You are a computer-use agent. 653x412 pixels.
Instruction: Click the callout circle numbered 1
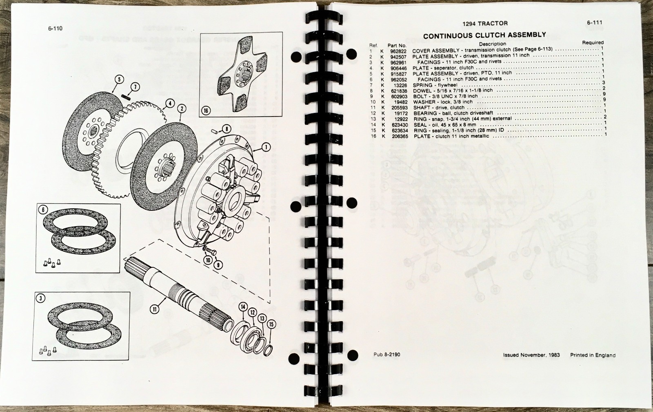click(x=266, y=147)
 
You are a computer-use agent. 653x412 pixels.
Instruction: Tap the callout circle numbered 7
click(x=135, y=87)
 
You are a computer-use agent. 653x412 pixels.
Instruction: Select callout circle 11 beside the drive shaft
click(x=154, y=308)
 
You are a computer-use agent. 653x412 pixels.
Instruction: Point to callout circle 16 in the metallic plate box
click(x=206, y=111)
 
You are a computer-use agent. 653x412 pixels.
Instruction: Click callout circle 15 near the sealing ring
click(x=271, y=324)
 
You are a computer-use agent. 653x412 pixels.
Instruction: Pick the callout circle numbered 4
click(x=170, y=103)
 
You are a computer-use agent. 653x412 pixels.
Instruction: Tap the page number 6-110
click(x=56, y=29)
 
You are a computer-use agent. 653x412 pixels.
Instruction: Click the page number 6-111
click(x=595, y=22)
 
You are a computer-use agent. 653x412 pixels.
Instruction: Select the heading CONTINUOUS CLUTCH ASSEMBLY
click(x=484, y=35)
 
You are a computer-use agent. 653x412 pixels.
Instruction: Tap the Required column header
click(x=593, y=42)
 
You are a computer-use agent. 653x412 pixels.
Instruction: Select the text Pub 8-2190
click(x=387, y=355)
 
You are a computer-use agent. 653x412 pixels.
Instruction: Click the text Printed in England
click(x=593, y=355)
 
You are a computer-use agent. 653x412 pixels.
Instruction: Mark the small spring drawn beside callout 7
click(x=126, y=97)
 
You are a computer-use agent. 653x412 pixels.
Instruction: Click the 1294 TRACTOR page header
click(x=485, y=23)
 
